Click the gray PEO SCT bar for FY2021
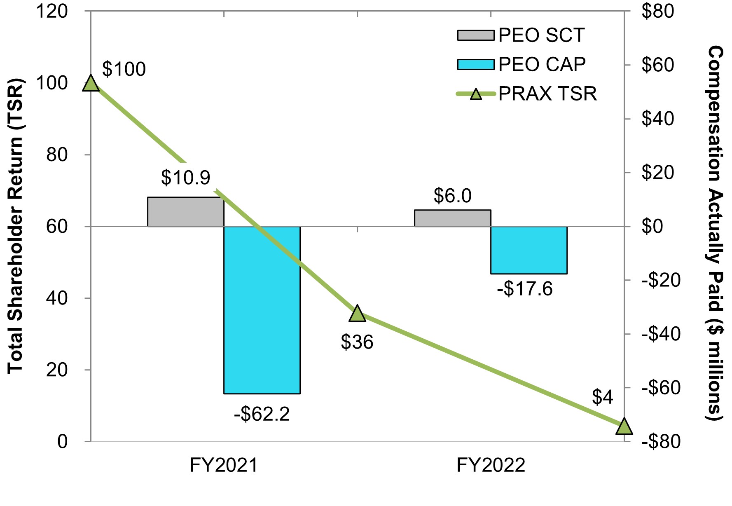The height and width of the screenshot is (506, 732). point(185,212)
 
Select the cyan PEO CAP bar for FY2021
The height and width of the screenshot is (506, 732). point(262,310)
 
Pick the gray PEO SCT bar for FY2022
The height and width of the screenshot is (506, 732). point(452,218)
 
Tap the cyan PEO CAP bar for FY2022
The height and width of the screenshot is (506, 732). point(529,250)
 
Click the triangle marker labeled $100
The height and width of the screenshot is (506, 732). point(91,84)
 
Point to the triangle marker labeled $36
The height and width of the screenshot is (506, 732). point(357,314)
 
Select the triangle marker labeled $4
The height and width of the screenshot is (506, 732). point(624,426)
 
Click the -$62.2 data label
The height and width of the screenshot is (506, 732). point(262,414)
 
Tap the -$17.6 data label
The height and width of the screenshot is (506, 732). point(525,289)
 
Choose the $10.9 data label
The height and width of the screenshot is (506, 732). point(186,178)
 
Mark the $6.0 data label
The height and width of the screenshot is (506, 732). point(452,196)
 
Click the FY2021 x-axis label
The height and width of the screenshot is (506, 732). point(224,466)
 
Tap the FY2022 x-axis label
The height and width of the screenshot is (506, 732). point(491,466)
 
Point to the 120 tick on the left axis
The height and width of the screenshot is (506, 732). point(52,12)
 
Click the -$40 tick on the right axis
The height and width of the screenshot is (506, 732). point(658,334)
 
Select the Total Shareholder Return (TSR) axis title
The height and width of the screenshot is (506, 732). point(16,226)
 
